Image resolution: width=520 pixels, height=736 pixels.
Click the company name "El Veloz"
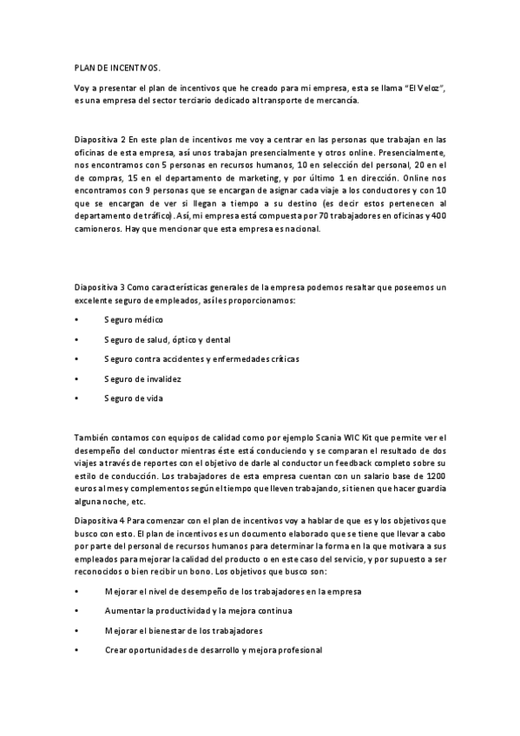[x=424, y=88]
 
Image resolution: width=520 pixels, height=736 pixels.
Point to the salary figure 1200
[x=437, y=476]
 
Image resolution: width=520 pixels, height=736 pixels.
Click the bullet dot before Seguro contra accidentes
[x=77, y=359]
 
